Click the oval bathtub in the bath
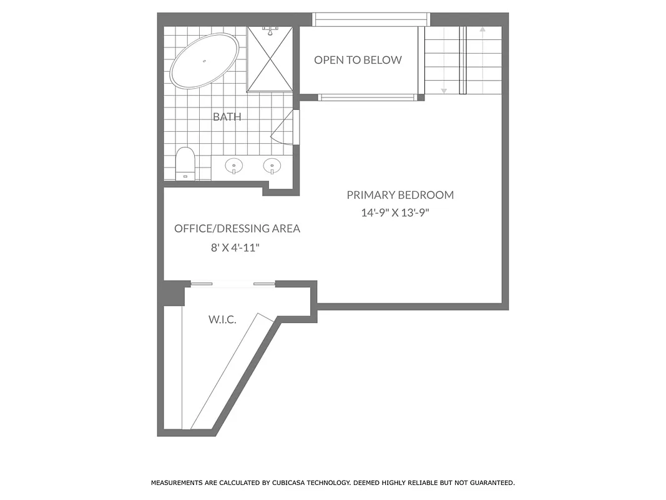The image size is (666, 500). (204, 61)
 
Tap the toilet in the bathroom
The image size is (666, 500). (185, 164)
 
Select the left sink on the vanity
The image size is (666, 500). (235, 166)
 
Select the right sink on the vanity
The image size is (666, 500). (272, 166)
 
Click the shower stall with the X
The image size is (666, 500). (270, 60)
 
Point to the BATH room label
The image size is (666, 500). (227, 117)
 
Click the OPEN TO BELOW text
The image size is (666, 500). (358, 60)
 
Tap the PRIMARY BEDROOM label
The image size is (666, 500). (400, 195)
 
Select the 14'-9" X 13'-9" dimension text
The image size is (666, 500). (396, 212)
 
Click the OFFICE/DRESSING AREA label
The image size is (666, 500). (237, 229)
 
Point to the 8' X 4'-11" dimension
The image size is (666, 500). (235, 247)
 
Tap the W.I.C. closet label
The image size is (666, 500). (222, 320)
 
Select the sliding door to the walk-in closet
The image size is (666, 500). (232, 284)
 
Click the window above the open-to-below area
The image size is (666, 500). (371, 19)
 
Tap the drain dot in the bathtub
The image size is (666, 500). (203, 61)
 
